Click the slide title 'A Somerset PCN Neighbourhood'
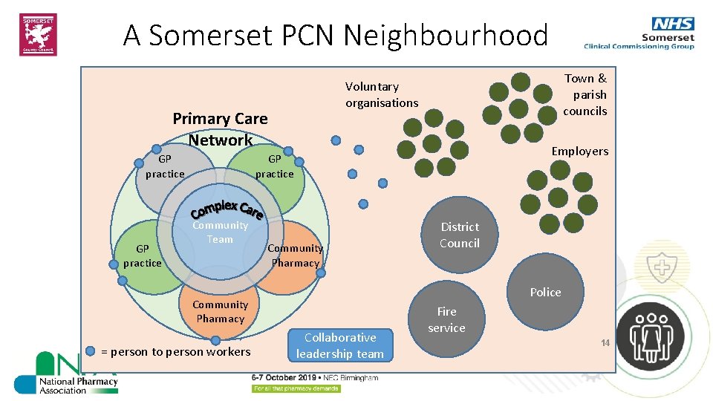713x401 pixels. [x=335, y=35]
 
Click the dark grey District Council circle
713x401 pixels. [x=459, y=235]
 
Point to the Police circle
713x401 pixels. [x=546, y=292]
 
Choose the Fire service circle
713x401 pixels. [x=446, y=319]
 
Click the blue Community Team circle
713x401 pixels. [x=220, y=232]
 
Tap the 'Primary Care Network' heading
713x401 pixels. [x=220, y=128]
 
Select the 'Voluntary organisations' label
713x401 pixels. [x=382, y=95]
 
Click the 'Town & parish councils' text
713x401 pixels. [x=585, y=94]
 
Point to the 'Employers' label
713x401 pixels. [x=579, y=151]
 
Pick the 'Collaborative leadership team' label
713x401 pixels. [x=340, y=345]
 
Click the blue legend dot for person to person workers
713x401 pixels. [x=91, y=351]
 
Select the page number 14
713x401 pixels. [x=605, y=343]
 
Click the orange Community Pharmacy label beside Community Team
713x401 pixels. [x=295, y=255]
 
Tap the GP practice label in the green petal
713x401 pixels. [x=274, y=166]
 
